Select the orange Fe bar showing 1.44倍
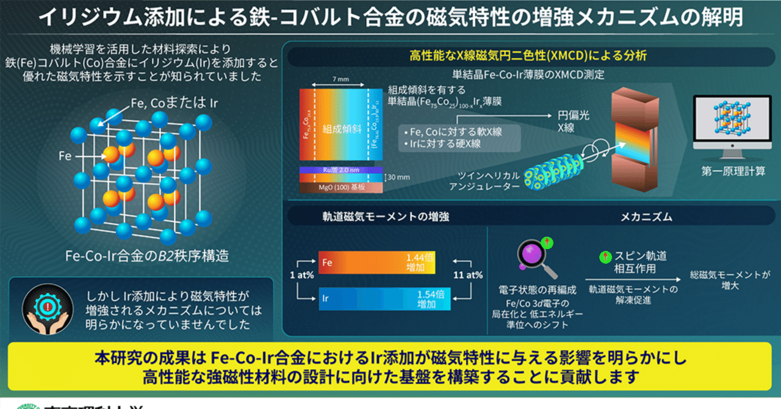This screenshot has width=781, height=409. [x=376, y=262]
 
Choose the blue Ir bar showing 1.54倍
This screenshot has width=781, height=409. [x=376, y=299]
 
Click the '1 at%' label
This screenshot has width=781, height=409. [x=302, y=275]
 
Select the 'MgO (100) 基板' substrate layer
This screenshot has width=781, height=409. [x=341, y=187]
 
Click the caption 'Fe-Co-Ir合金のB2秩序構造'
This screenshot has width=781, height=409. [x=147, y=255]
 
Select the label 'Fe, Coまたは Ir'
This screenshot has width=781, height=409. [x=175, y=103]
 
